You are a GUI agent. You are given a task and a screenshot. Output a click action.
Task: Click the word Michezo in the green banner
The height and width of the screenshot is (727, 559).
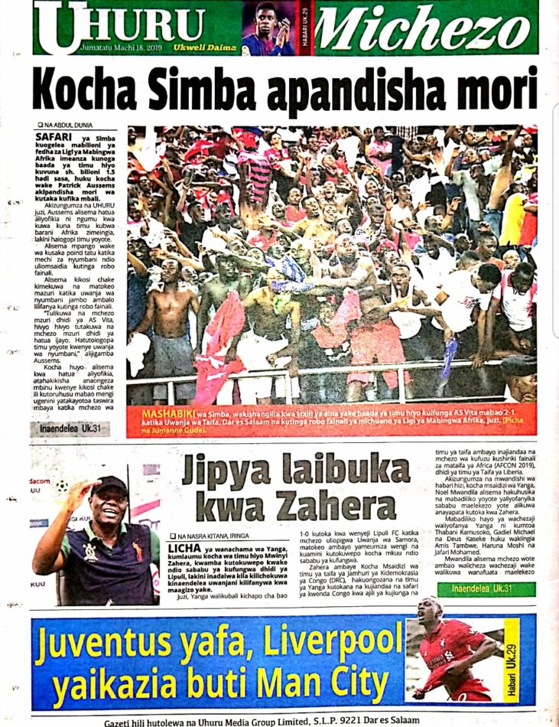click(x=424, y=28)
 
